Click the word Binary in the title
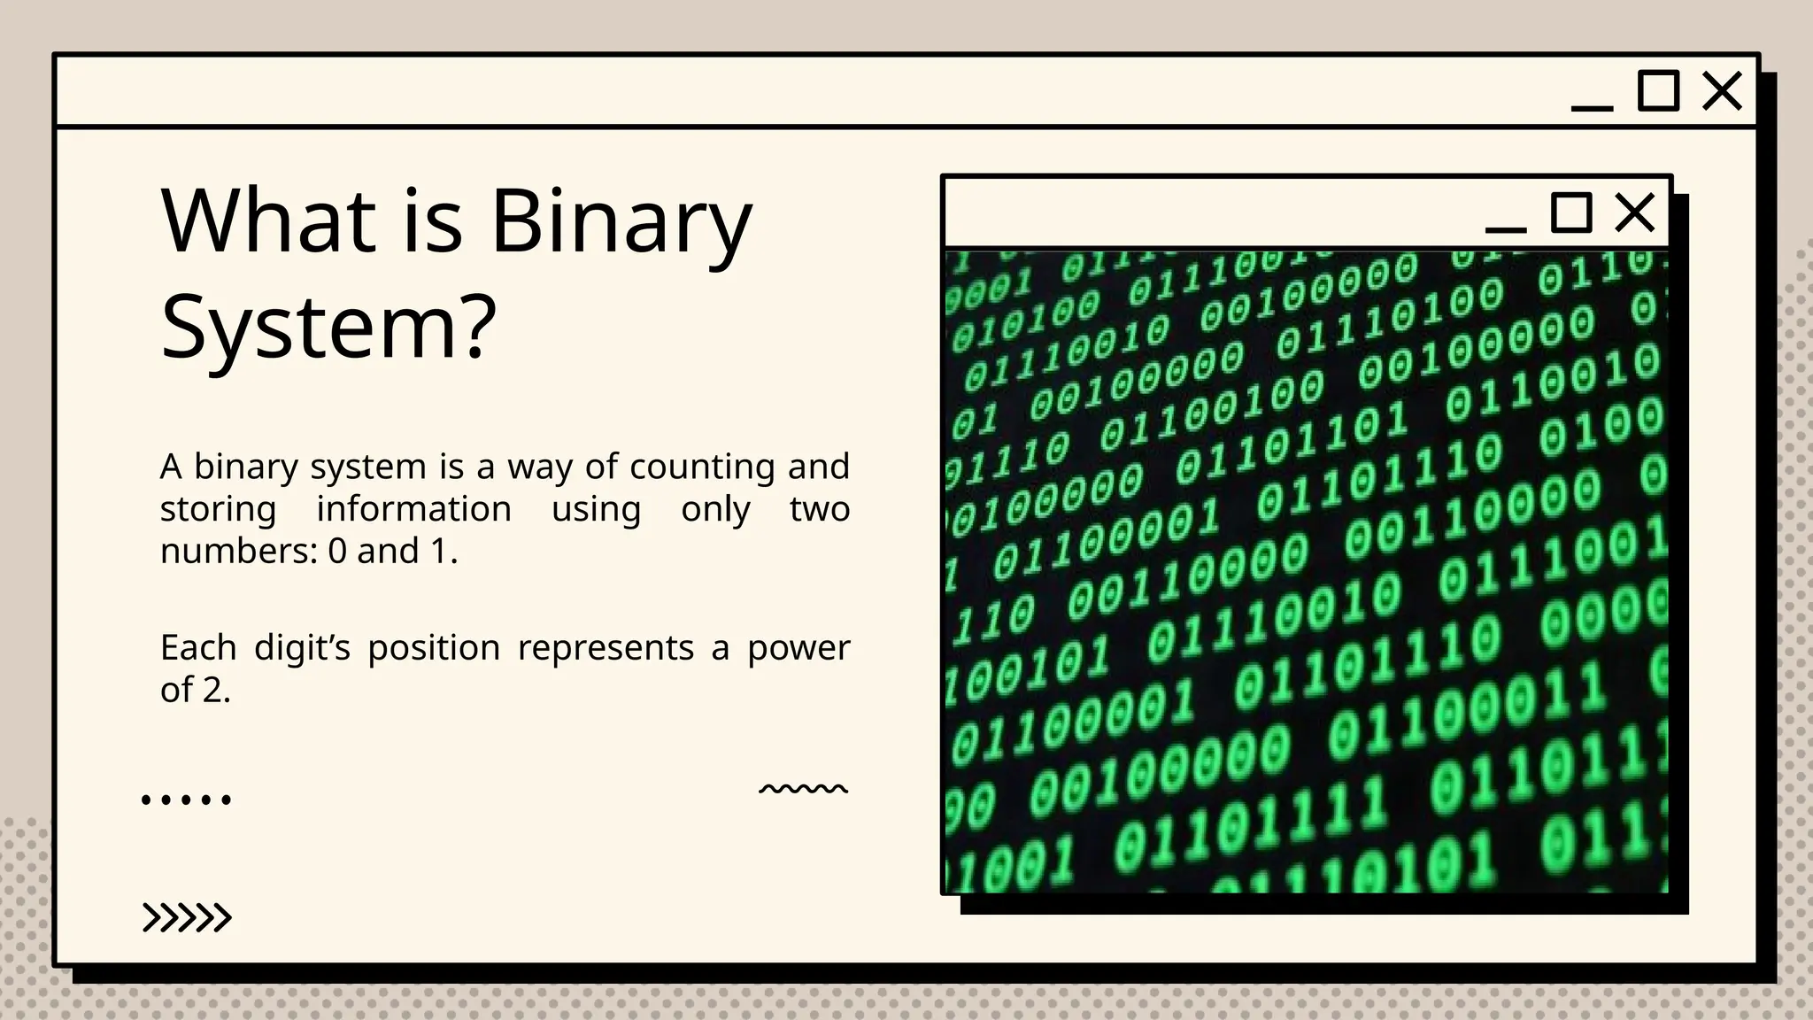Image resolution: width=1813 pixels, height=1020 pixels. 621,221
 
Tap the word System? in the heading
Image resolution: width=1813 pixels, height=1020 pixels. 328,328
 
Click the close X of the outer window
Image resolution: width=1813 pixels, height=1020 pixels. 1722,91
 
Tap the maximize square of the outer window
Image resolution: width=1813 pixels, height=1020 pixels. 1658,91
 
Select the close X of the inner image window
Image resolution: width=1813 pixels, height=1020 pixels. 1634,212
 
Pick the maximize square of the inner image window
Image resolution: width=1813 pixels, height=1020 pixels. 1571,212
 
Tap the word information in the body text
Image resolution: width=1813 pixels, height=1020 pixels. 413,509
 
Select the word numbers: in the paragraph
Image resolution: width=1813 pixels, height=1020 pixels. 239,552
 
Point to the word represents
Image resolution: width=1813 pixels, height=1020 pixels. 606,648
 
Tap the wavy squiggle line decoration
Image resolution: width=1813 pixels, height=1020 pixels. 803,788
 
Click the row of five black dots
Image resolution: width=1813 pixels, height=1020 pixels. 186,800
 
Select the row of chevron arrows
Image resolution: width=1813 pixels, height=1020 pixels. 187,918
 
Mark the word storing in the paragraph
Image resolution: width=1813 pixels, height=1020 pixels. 218,509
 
